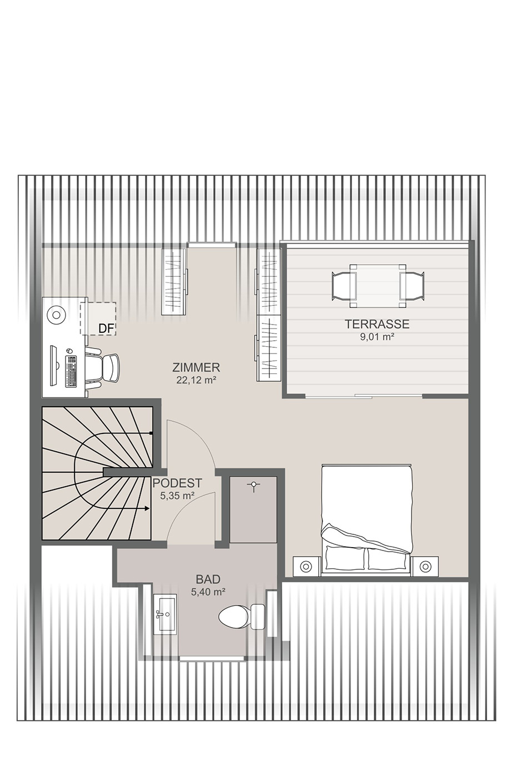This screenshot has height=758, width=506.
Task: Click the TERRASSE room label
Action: point(377,324)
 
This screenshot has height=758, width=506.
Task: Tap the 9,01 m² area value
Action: point(377,337)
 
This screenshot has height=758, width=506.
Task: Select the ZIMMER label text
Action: point(196,367)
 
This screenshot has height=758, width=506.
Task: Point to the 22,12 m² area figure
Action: point(196,380)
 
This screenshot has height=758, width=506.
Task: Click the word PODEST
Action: point(177,483)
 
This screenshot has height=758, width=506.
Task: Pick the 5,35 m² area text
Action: point(177,496)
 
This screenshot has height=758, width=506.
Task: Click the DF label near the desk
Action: point(106,328)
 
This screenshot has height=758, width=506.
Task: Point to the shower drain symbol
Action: point(253,486)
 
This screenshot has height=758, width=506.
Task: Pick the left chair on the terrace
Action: point(343,286)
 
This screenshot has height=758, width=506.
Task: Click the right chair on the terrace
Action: point(412,286)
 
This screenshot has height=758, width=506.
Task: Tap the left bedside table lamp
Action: point(306,565)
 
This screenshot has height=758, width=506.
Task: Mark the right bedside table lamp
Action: point(425,565)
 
